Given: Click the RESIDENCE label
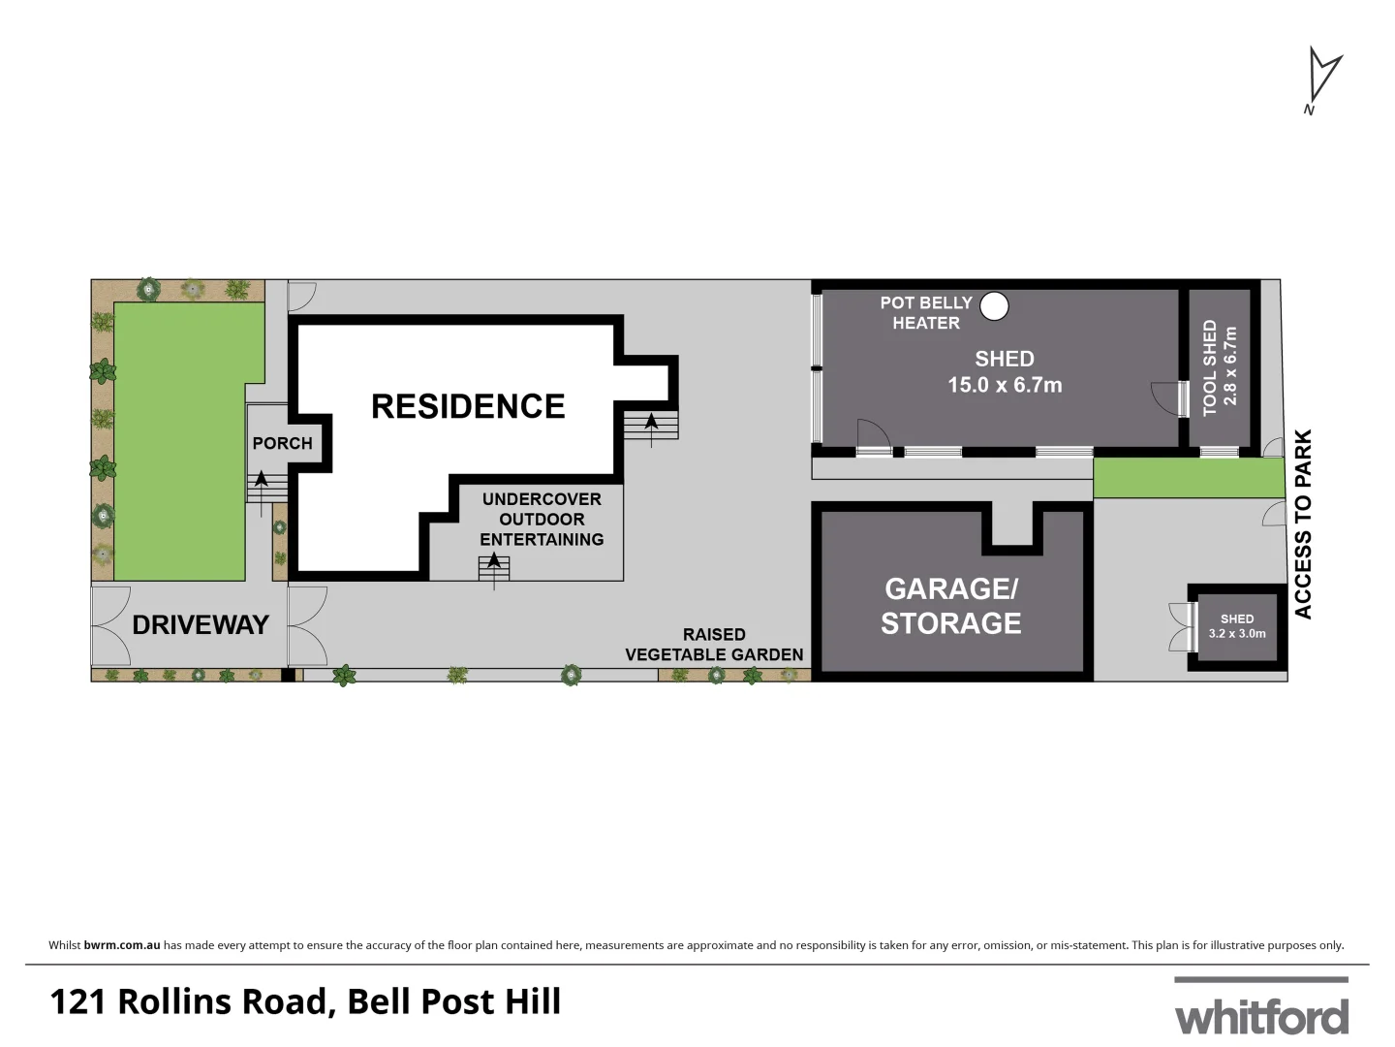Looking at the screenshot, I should [x=468, y=406].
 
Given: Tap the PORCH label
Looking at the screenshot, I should [x=282, y=443].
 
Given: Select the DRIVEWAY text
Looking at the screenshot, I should [x=200, y=625].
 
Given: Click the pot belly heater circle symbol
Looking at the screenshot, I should [x=993, y=306].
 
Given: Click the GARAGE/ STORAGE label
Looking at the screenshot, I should [x=950, y=606].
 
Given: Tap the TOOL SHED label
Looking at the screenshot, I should [x=1210, y=368].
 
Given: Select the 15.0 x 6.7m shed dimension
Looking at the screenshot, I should [x=1005, y=385].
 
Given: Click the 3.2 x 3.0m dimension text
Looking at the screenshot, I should [x=1237, y=634].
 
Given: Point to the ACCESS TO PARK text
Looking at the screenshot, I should [x=1303, y=523].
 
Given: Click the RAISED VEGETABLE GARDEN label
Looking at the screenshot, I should [x=714, y=645].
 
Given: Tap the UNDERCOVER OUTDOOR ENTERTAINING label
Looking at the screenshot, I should [x=542, y=519].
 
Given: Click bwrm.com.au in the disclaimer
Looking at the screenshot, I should [x=121, y=945].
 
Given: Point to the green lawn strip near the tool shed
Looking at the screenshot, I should [x=1190, y=478].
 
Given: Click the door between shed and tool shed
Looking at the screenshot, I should [x=1172, y=398].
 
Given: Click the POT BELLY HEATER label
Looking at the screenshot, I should [x=925, y=313].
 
